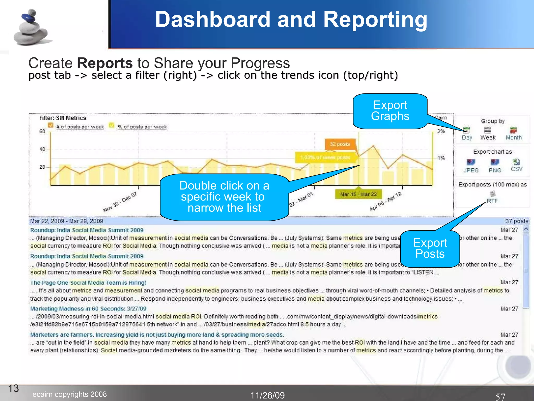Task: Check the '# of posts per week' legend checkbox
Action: tap(51, 125)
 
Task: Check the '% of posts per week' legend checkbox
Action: tap(112, 125)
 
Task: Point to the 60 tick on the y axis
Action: tap(42, 131)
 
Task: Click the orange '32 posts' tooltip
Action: tap(340, 144)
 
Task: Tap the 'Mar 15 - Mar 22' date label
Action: tap(358, 194)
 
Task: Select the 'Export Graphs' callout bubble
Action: tap(390, 111)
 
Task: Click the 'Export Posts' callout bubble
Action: tap(430, 248)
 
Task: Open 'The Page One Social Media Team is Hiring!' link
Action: tap(88, 283)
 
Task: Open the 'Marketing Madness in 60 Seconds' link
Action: tap(88, 309)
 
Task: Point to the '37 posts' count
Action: tap(517, 221)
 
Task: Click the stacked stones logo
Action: tap(31, 28)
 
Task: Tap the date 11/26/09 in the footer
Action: tap(268, 395)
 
